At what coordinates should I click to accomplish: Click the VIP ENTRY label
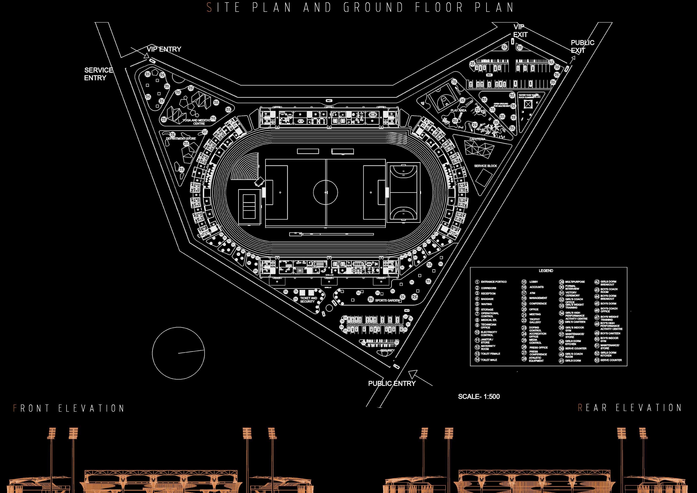coord(164,49)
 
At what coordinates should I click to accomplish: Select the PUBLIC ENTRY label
coord(392,383)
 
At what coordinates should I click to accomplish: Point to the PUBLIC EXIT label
coord(582,46)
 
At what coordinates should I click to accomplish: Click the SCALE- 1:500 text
coord(479,396)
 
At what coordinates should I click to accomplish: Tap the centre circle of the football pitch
coord(326,192)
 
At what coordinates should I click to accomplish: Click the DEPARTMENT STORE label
coord(181,139)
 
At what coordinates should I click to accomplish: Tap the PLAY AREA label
coord(458,110)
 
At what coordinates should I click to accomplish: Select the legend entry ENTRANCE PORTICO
coord(494,282)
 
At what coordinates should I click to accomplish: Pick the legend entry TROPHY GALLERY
coord(535,321)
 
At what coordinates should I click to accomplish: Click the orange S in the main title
coord(209,8)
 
